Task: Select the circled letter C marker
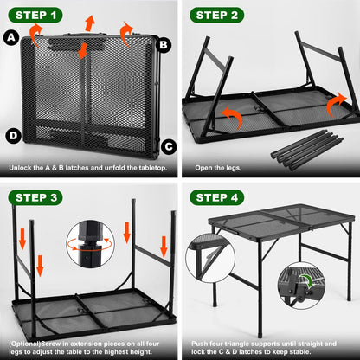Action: (x=167, y=145)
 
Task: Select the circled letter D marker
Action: (x=12, y=136)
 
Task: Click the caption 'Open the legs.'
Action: (x=217, y=168)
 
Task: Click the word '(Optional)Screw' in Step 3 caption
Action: (x=33, y=342)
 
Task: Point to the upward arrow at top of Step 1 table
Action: (x=88, y=22)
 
